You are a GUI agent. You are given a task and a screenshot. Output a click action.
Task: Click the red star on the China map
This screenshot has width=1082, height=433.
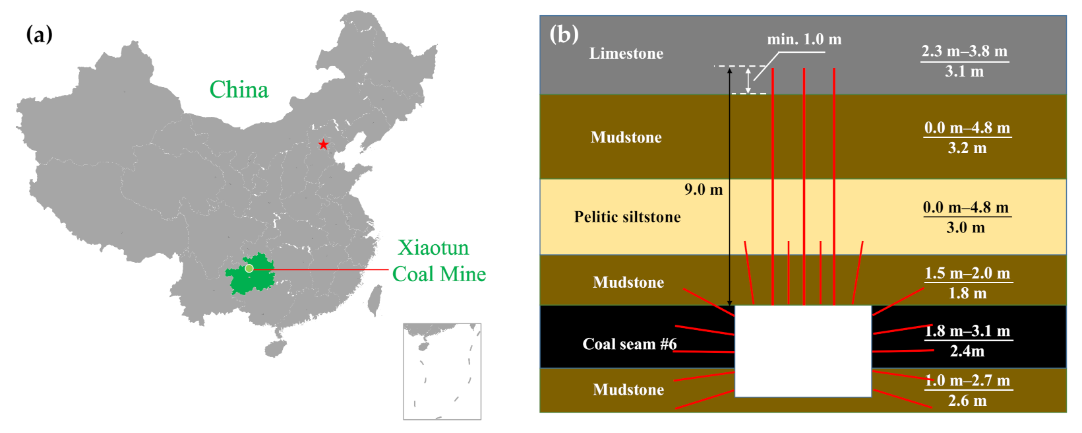click(323, 145)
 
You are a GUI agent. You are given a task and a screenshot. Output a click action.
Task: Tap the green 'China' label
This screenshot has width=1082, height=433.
click(239, 90)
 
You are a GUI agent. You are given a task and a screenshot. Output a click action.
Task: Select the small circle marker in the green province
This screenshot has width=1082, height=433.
click(249, 268)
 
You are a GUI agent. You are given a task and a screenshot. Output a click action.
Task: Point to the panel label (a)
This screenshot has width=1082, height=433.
click(39, 34)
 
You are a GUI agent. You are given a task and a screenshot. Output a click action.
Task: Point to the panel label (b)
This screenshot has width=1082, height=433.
click(564, 34)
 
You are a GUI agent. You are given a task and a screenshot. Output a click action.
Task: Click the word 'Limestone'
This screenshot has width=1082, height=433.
click(626, 53)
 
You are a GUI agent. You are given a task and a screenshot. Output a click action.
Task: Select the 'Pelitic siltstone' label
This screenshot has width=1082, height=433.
click(627, 217)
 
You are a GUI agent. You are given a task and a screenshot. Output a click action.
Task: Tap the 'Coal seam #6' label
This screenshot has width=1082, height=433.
click(629, 344)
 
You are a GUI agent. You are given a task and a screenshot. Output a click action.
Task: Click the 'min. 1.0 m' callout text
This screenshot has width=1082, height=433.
click(804, 40)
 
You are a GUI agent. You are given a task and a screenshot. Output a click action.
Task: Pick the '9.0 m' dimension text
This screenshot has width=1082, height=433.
click(703, 190)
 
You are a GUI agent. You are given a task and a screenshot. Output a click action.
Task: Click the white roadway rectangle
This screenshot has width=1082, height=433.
click(802, 350)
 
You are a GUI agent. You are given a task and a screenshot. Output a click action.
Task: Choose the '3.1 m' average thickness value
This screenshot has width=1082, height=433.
click(964, 71)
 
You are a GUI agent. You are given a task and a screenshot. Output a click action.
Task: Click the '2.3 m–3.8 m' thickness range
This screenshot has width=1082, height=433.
click(964, 51)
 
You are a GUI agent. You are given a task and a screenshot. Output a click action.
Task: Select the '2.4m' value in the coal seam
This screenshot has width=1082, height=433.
click(967, 351)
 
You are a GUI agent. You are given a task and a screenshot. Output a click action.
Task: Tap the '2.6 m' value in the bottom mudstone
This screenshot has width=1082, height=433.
click(967, 401)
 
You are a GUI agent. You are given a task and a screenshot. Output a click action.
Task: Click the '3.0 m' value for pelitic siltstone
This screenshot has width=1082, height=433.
click(965, 228)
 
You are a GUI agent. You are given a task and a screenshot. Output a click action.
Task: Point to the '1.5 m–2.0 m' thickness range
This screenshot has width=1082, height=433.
click(967, 273)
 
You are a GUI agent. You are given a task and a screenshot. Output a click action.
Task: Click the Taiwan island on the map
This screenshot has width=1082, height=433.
click(375, 300)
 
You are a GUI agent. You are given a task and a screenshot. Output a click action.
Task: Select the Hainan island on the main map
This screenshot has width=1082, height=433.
click(276, 348)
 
